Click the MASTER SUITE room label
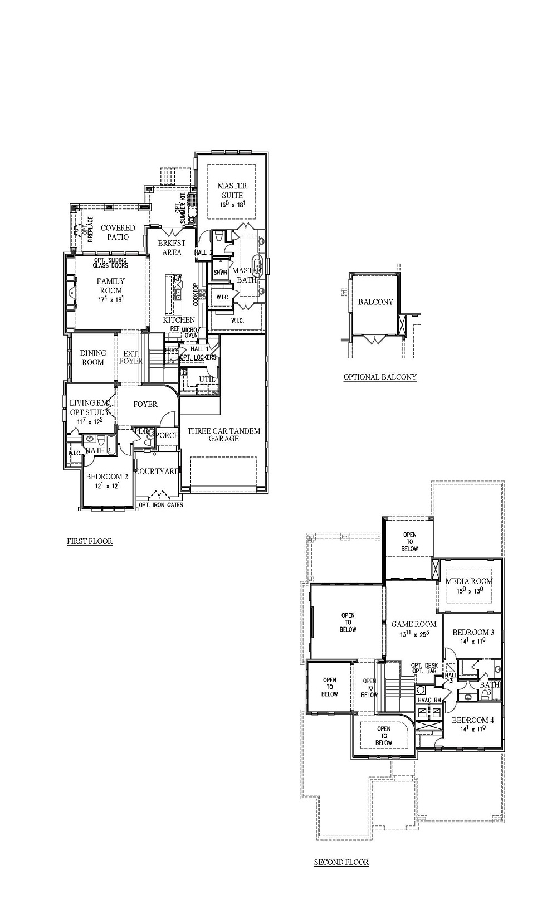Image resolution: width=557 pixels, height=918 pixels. point(232,191)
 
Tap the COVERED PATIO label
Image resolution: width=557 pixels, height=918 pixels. point(118,232)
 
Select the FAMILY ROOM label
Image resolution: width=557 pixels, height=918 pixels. point(110,286)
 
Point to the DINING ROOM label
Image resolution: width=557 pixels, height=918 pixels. point(93,357)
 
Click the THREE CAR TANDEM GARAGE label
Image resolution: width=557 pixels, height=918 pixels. point(223,435)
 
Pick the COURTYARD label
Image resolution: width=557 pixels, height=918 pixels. point(158,472)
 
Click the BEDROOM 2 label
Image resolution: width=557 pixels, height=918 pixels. point(107,477)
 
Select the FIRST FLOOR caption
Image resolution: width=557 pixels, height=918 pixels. point(90,541)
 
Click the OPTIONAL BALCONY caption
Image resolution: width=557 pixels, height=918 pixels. point(380,377)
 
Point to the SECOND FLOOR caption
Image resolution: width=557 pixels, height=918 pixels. point(341,862)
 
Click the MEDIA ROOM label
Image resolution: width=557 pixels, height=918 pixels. point(469,581)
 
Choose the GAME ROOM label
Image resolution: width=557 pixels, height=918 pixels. point(414,624)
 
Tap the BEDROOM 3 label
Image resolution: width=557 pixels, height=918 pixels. point(473,633)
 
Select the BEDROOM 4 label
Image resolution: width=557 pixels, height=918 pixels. point(473,720)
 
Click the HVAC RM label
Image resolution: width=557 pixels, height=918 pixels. point(429,700)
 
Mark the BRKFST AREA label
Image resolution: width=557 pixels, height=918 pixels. point(172,247)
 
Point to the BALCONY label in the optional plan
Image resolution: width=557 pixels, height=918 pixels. point(375,302)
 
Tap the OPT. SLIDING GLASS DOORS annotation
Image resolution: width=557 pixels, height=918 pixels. point(110,263)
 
